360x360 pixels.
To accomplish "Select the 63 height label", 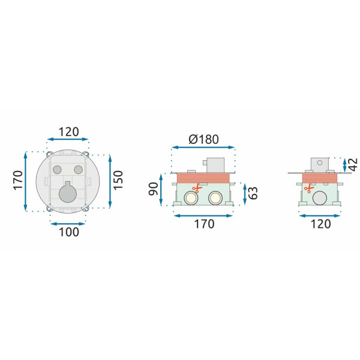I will (253, 193).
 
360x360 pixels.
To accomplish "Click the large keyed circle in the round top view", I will (68, 194).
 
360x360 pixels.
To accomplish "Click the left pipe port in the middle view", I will (192, 198).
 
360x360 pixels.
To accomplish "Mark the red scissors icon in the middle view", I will (194, 188).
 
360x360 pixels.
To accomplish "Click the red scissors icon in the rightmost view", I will (308, 187).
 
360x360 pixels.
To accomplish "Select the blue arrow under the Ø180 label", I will (203, 148).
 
